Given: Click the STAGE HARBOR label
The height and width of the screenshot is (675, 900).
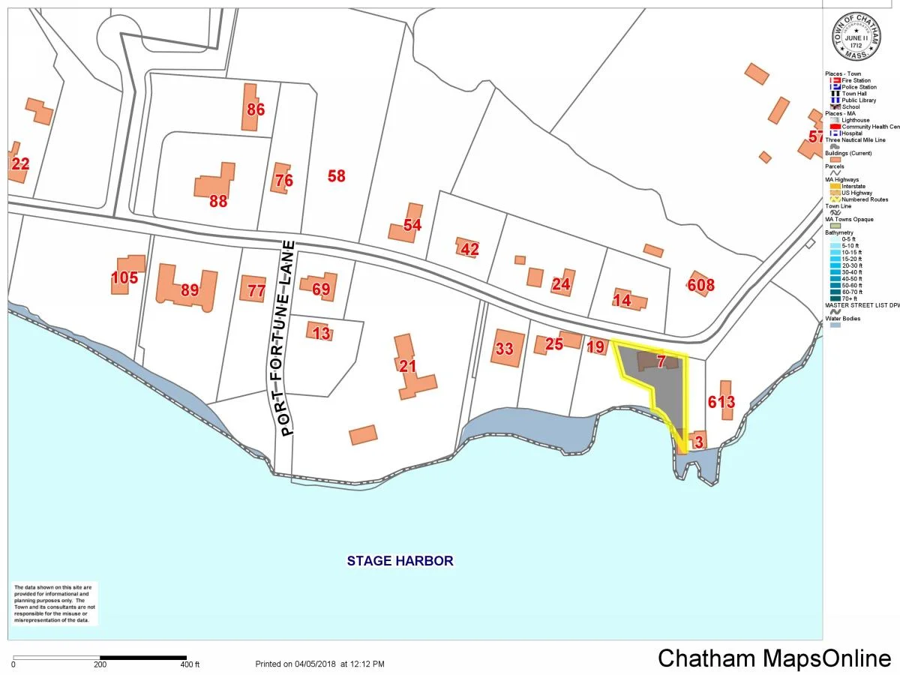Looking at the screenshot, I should [400, 560].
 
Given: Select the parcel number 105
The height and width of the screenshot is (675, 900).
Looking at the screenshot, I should [124, 278].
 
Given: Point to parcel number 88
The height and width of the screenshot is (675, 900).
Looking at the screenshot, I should [217, 201].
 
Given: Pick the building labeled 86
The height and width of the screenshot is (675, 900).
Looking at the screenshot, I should [256, 109].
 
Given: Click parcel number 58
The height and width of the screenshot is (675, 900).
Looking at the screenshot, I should [336, 176].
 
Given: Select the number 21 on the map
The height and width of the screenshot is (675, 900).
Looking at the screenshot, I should [407, 366].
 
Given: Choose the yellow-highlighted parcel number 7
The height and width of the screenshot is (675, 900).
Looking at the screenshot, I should [661, 361].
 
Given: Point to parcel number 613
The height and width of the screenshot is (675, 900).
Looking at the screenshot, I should [721, 402].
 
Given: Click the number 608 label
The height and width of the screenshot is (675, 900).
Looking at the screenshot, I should [700, 285].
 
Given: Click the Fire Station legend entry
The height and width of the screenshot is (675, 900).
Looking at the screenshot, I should [856, 80].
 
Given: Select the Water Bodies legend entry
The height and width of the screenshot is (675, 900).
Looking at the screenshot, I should [843, 319].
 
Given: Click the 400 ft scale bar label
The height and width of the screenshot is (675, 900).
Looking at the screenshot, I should [190, 664].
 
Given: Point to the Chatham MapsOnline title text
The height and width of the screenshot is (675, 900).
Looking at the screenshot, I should [774, 658].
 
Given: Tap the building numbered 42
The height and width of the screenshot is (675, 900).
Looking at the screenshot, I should [469, 249].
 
